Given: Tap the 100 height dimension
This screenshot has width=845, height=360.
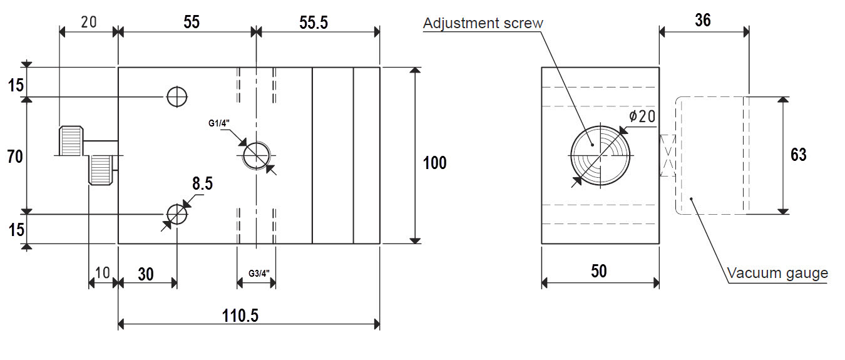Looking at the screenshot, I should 435,163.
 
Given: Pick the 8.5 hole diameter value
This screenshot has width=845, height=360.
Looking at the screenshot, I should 202,185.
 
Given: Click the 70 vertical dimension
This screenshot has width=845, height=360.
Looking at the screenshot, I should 15,156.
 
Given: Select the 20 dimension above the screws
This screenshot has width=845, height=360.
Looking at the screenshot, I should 89,22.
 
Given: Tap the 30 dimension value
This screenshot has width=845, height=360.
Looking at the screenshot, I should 145,274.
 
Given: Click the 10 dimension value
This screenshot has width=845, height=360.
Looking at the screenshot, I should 102,274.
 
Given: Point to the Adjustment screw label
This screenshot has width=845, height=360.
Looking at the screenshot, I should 483,24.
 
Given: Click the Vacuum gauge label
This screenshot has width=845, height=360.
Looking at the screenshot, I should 777,273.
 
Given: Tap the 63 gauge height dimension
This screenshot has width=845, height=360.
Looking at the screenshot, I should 798,155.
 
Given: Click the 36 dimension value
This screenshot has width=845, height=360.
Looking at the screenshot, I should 703,21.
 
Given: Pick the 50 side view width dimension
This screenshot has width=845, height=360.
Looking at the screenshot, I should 599,271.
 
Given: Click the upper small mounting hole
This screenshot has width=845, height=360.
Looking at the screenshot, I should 177,96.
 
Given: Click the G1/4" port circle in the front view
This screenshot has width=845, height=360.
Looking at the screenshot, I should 257,155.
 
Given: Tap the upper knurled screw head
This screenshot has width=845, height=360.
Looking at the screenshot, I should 71,141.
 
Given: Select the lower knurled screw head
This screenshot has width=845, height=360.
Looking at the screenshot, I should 101,170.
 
